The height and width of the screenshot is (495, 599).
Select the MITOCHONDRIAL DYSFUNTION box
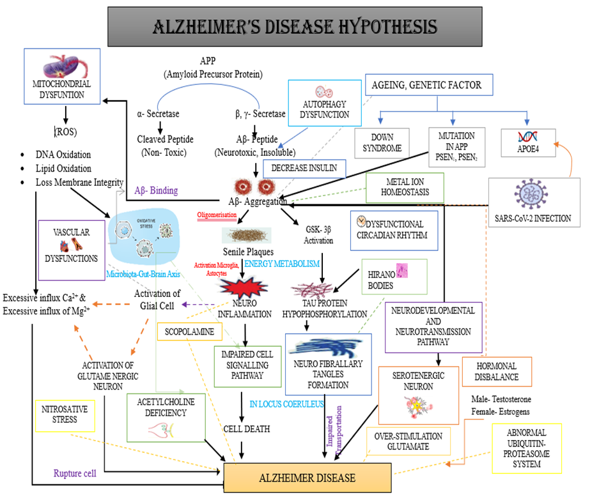(x=62, y=78)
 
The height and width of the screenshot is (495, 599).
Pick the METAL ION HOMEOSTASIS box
(x=403, y=187)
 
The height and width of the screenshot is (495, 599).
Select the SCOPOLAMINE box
(x=189, y=333)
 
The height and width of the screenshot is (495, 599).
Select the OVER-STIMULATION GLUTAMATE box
(x=408, y=441)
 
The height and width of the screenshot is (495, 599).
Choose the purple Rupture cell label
(x=75, y=473)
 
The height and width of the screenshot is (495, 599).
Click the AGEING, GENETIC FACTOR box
(x=432, y=84)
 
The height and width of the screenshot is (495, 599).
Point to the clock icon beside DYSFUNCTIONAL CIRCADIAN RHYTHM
(x=362, y=220)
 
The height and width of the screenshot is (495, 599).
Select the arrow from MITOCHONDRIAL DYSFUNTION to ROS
(x=65, y=114)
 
